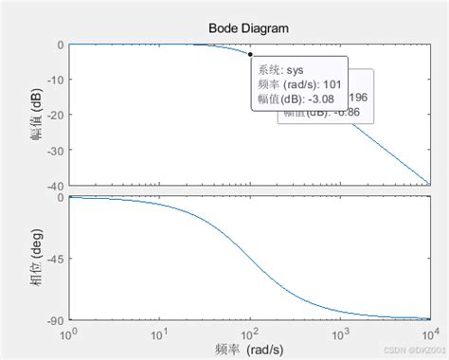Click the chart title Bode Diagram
coord(248,27)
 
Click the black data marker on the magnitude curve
coord(249,54)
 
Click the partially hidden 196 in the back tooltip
coord(361,98)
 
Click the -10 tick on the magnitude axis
coord(53,80)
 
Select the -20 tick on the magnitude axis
coord(53,115)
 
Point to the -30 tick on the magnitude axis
coord(53,150)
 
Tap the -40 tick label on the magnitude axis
coord(53,184)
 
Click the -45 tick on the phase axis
coord(53,259)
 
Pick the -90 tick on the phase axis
coord(53,320)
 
